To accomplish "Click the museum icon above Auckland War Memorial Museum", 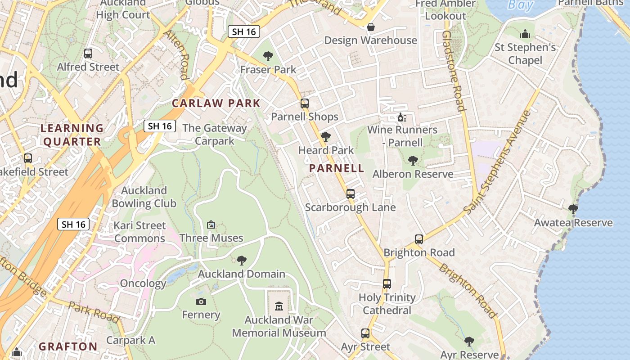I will pyautogui.click(x=279, y=306).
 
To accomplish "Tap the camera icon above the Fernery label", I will pyautogui.click(x=201, y=301).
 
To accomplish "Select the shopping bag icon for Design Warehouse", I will pyautogui.click(x=370, y=27).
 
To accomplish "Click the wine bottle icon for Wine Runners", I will pyautogui.click(x=402, y=117).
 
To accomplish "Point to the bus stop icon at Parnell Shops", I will pyautogui.click(x=305, y=103).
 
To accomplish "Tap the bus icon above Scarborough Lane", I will pyautogui.click(x=350, y=194).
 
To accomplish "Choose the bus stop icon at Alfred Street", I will pyautogui.click(x=88, y=54).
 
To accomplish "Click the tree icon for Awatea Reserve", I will pyautogui.click(x=573, y=209).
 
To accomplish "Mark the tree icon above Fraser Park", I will pyautogui.click(x=268, y=56).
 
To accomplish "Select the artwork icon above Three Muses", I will pyautogui.click(x=211, y=225).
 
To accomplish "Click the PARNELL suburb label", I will pyautogui.click(x=337, y=169).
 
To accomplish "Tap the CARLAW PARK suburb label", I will pyautogui.click(x=216, y=103).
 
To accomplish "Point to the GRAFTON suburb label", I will pyautogui.click(x=68, y=346).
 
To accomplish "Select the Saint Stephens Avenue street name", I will pyautogui.click(x=498, y=162).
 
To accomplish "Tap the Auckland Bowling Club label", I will pyautogui.click(x=144, y=197).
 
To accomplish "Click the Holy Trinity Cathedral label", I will pyautogui.click(x=387, y=304).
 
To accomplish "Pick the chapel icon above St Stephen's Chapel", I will pyautogui.click(x=525, y=34).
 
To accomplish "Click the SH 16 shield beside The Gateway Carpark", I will pyautogui.click(x=160, y=126).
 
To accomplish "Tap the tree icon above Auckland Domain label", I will pyautogui.click(x=242, y=260).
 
